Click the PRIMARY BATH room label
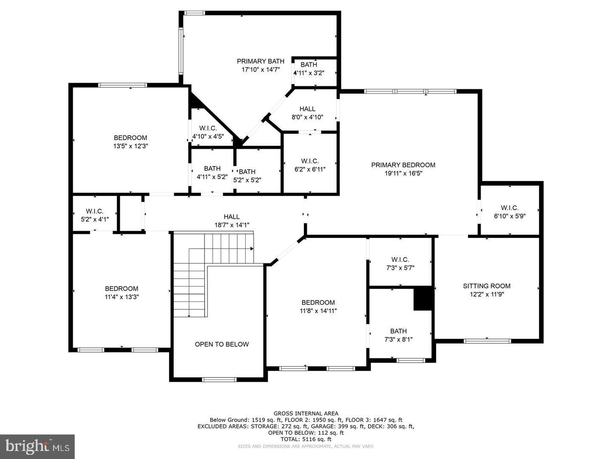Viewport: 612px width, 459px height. (x=261, y=61)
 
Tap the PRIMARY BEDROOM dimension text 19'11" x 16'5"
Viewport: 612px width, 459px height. (x=403, y=173)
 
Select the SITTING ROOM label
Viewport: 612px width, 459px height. (x=487, y=286)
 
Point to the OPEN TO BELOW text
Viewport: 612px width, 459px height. (x=222, y=344)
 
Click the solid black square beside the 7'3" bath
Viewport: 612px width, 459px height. (x=423, y=299)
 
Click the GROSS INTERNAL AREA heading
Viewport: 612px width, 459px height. (x=306, y=413)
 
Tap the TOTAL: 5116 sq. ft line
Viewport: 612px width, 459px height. (x=306, y=439)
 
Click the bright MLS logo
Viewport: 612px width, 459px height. (x=37, y=446)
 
